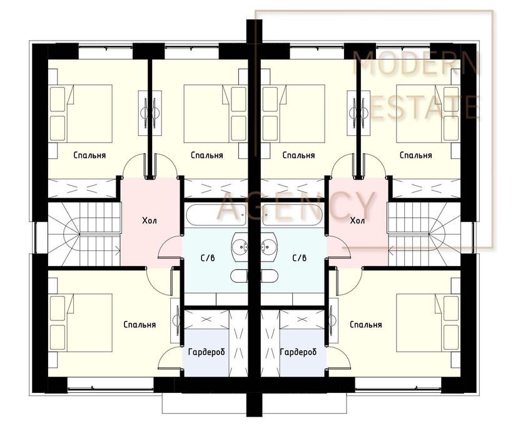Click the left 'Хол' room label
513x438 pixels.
click(150, 220)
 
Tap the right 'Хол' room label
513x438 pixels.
click(357, 220)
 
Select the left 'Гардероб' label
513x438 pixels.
click(206, 352)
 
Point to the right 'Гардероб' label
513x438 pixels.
click(298, 352)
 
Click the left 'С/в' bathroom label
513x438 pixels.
click(208, 258)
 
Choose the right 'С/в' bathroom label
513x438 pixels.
click(300, 258)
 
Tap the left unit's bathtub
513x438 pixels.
click(216, 215)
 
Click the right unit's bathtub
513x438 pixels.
click(293, 215)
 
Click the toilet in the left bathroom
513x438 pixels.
click(239, 276)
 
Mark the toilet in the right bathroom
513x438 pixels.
click(270, 276)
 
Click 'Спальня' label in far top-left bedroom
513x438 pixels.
click(89, 155)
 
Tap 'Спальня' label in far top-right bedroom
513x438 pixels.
click(416, 155)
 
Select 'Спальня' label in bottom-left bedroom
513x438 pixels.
click(140, 325)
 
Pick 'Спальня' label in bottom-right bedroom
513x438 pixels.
click(366, 325)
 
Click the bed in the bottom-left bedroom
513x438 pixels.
click(81, 322)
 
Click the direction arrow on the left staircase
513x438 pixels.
click(99, 252)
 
